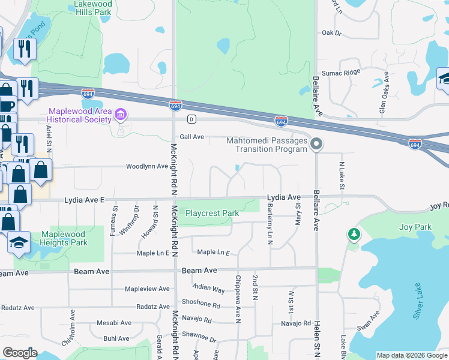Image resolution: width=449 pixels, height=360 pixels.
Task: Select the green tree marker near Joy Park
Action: tap(354, 234)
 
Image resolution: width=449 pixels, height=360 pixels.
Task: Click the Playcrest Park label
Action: tap(212, 213)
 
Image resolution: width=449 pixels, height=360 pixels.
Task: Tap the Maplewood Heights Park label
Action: tap(63, 238)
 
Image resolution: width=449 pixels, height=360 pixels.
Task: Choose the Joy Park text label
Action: tap(415, 227)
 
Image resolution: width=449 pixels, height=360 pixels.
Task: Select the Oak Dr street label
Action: tap(331, 33)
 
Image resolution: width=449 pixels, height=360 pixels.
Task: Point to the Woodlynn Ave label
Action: tap(146, 166)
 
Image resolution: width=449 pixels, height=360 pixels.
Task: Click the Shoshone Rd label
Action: tap(199, 304)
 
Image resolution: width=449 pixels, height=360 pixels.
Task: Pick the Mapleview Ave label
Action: tap(147, 289)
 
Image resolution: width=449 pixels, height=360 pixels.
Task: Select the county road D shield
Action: tap(191, 119)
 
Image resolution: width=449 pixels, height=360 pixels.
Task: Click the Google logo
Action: tap(20, 353)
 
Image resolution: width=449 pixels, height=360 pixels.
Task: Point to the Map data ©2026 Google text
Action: tap(411, 355)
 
